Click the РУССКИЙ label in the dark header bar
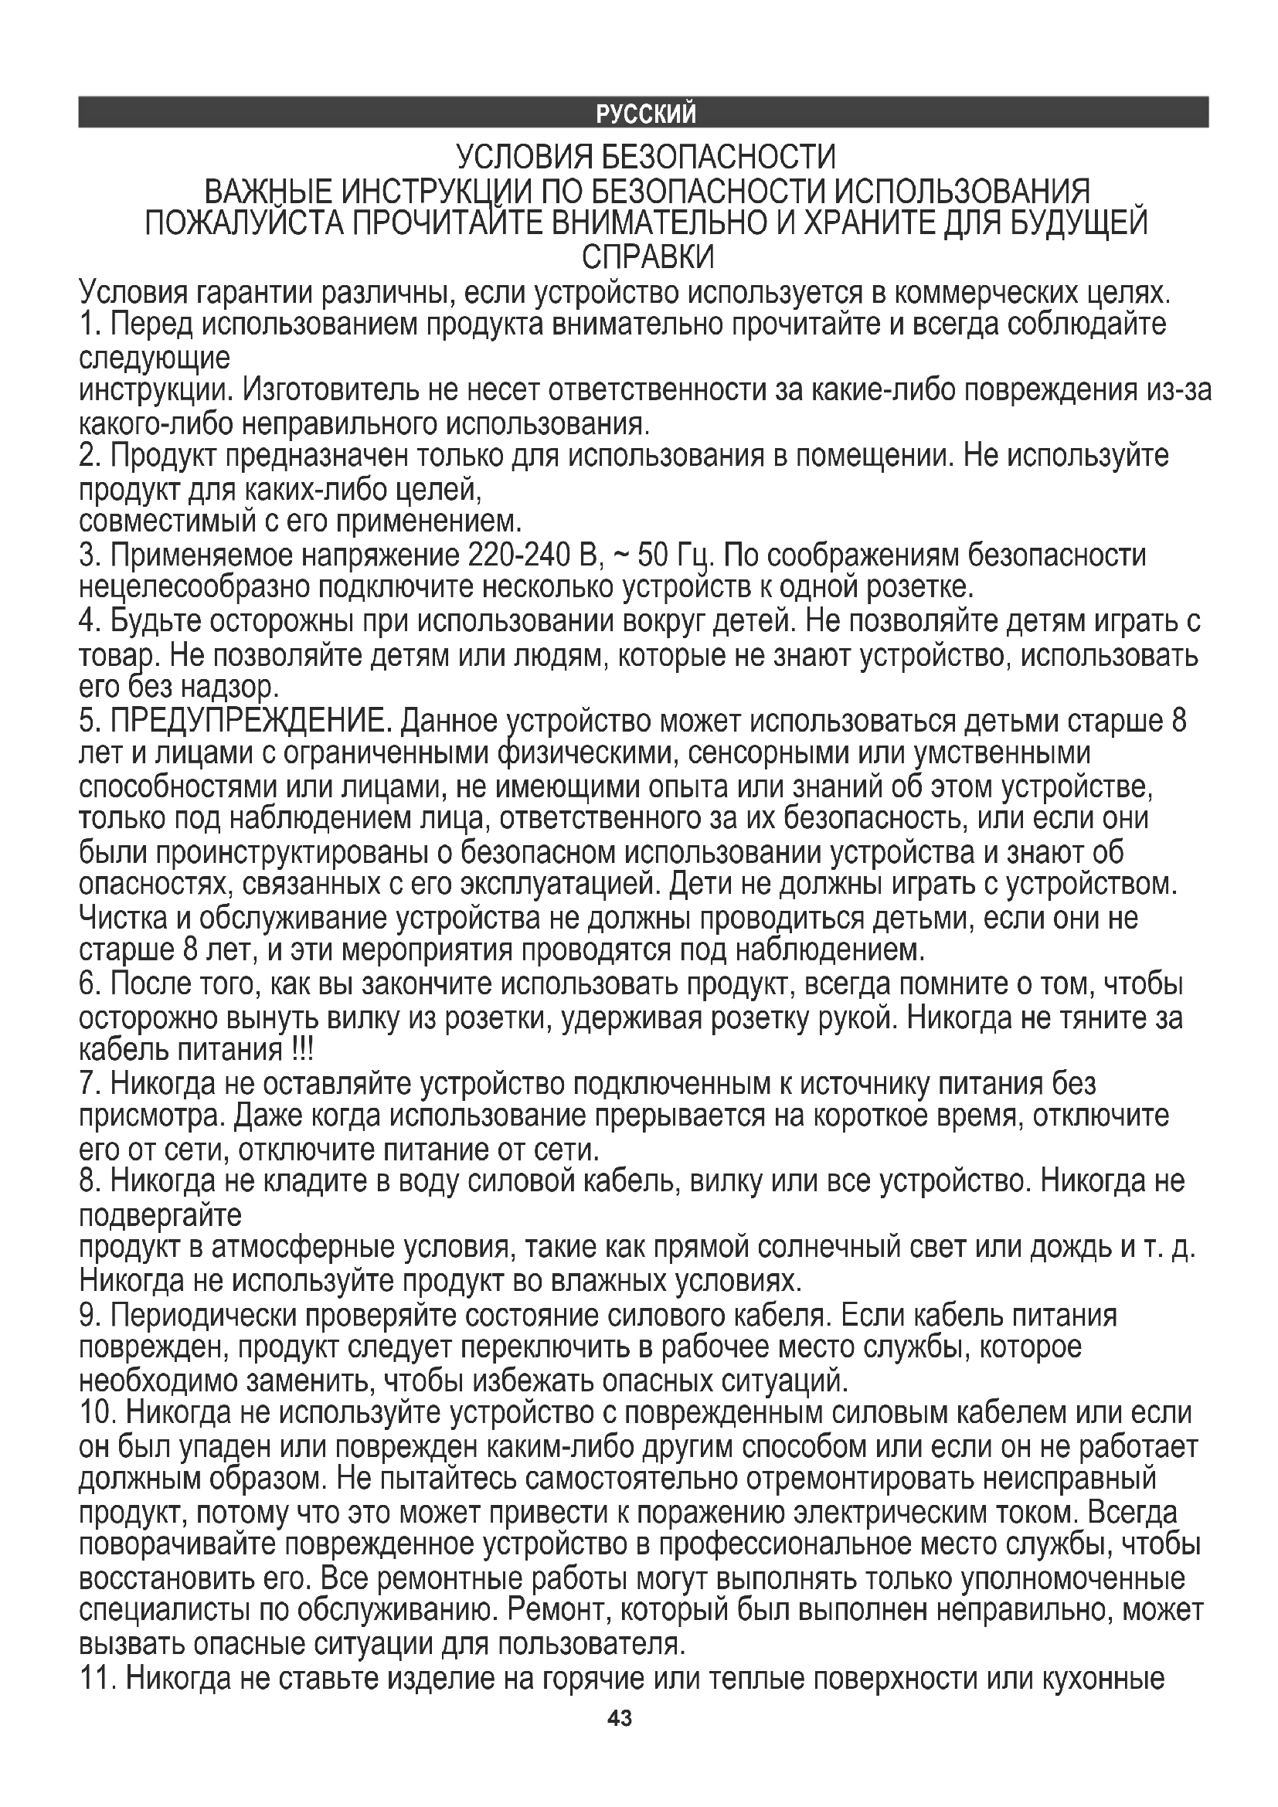(x=645, y=115)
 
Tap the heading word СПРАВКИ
(x=647, y=257)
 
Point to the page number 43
(x=620, y=1718)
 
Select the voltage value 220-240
(x=519, y=556)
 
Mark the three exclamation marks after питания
(x=298, y=1051)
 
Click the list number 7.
(x=87, y=1085)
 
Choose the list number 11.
(x=97, y=1680)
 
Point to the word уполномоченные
(x=1074, y=1579)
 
